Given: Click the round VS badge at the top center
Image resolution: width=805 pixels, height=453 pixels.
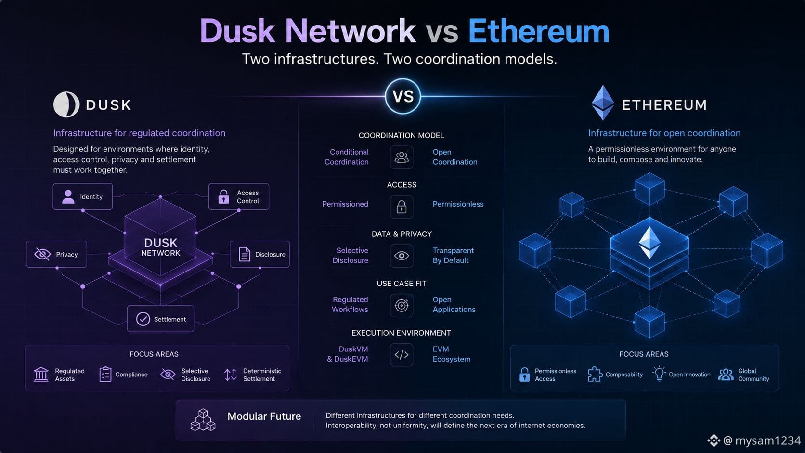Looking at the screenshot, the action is (402, 96).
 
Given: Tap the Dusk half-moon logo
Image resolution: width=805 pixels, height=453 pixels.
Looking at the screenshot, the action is (66, 104).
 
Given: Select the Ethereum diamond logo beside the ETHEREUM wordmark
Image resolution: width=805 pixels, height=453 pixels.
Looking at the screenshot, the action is (603, 103).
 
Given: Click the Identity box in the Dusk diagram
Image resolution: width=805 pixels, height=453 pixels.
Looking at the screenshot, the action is (83, 196).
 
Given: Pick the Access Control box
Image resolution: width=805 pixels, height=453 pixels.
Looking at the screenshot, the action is (239, 196).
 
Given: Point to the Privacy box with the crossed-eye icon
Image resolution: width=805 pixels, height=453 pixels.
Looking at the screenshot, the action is (56, 254).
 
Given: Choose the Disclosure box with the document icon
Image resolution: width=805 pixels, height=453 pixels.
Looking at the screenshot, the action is (260, 254).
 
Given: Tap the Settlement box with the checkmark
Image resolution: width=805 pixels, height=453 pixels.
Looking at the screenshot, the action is (161, 319).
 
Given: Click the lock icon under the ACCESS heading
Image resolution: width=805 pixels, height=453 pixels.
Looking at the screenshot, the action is (402, 207).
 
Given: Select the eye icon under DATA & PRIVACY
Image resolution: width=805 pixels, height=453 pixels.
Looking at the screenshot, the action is (402, 256).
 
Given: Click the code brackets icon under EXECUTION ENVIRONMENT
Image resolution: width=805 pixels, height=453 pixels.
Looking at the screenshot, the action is (402, 355).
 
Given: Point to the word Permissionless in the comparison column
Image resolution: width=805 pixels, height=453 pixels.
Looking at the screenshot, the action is (458, 204).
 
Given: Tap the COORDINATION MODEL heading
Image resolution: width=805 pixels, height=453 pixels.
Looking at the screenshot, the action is (402, 135).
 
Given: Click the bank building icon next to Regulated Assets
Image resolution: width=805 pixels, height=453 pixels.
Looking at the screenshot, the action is (41, 375).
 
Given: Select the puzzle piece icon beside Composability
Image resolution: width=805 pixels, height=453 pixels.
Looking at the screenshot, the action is (595, 375).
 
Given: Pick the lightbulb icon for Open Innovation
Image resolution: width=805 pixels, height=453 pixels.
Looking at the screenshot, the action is (659, 374).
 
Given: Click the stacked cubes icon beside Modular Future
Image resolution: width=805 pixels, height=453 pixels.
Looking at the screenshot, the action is (203, 420).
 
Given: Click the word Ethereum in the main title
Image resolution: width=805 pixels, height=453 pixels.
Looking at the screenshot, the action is (538, 31).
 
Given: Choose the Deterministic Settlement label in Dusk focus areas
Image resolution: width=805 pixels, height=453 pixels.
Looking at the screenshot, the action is (262, 375).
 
